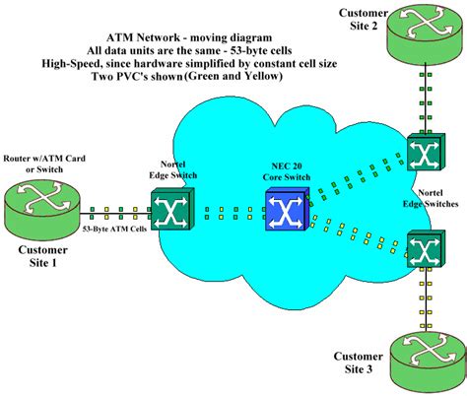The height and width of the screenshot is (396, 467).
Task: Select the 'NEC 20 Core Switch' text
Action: [x=285, y=168]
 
